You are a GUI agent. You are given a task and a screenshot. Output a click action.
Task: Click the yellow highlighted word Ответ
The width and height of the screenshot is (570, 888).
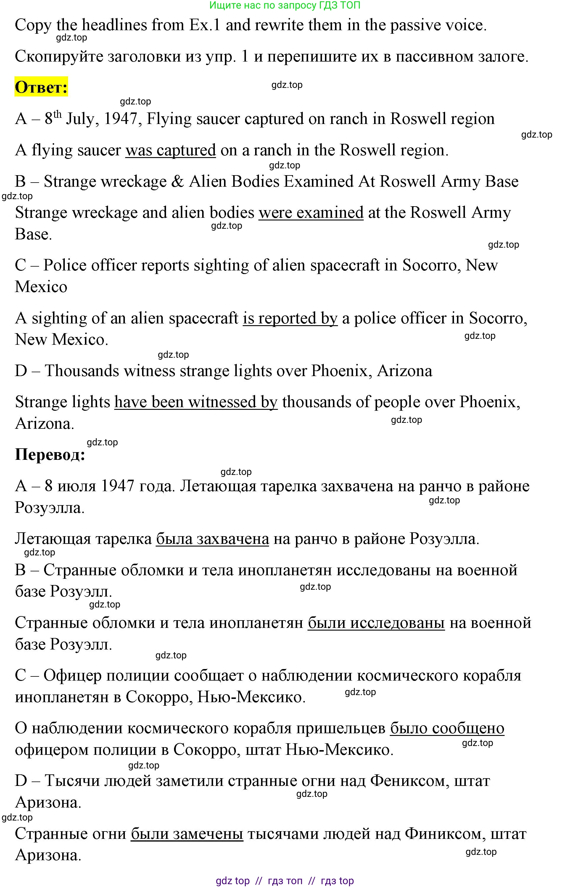coord(41,87)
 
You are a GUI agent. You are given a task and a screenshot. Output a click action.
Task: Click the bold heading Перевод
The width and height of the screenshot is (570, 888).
coord(50,455)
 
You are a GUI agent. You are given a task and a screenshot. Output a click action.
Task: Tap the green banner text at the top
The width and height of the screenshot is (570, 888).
coord(285,5)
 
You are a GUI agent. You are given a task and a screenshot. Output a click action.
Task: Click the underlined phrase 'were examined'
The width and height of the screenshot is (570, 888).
coord(311,213)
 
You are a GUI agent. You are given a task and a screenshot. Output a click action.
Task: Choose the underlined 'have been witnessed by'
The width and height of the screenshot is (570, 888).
coord(196,402)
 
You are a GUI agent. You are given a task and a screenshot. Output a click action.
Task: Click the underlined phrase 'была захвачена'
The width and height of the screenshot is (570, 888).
coord(212,539)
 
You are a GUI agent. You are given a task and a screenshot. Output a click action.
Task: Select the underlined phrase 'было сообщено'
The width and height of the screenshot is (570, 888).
coord(447,728)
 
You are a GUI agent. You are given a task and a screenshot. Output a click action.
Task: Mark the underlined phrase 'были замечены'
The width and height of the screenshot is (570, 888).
coord(187,834)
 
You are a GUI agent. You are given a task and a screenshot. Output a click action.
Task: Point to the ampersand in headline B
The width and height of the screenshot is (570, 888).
coord(178,182)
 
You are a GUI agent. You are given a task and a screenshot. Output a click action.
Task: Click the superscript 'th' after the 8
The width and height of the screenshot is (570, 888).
coord(57,114)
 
